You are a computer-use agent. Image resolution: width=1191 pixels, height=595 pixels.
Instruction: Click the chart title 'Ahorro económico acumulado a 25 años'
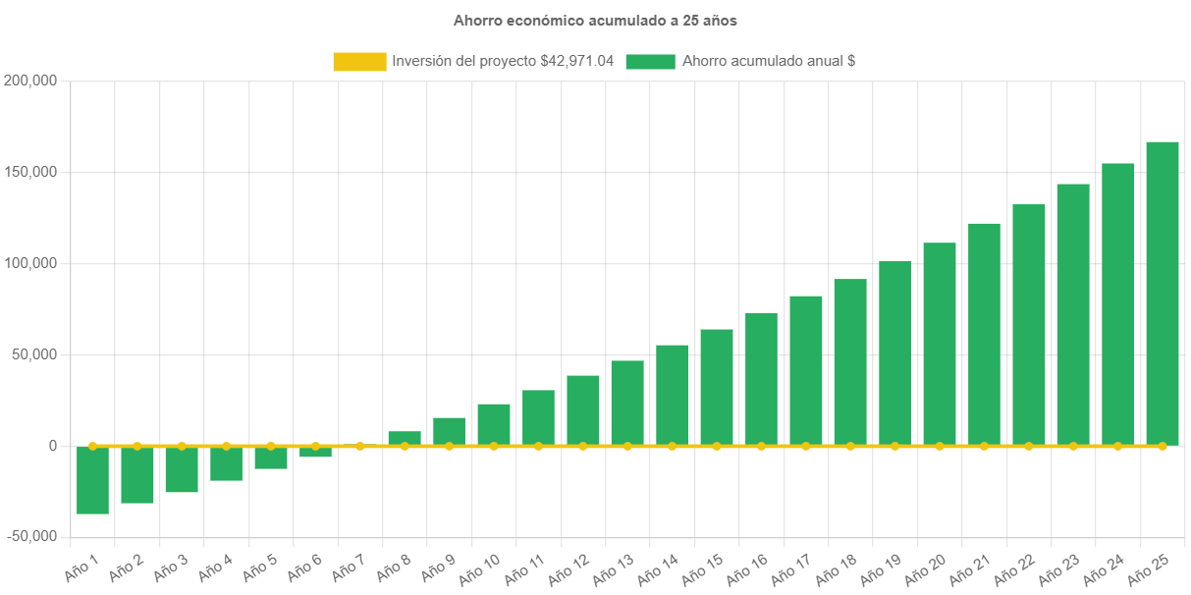pyautogui.click(x=595, y=20)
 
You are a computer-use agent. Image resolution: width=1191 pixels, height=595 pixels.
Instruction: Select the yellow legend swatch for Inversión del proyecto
pyautogui.click(x=359, y=61)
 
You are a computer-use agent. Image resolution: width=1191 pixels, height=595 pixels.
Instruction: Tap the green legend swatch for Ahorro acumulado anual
pyautogui.click(x=650, y=61)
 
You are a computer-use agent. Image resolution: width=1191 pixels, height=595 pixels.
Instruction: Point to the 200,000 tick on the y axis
pyautogui.click(x=31, y=81)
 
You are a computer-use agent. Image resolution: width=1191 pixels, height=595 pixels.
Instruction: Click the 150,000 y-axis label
pyautogui.click(x=31, y=172)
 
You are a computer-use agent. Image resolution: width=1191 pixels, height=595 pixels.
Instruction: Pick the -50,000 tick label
pyautogui.click(x=31, y=536)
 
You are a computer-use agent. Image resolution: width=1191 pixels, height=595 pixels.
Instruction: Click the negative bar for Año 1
pyautogui.click(x=92, y=480)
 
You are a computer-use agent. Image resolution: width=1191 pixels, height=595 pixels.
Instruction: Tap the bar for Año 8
pyautogui.click(x=405, y=437)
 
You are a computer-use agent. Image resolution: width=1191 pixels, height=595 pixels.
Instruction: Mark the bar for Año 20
pyautogui.click(x=940, y=343)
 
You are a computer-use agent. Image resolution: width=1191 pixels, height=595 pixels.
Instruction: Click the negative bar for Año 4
pyautogui.click(x=226, y=463)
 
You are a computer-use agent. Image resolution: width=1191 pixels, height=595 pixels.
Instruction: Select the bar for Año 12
pyautogui.click(x=583, y=409)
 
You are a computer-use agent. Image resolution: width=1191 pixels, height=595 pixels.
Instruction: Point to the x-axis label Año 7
pyautogui.click(x=349, y=568)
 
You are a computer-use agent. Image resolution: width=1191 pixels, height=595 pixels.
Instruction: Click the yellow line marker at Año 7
pyautogui.click(x=360, y=446)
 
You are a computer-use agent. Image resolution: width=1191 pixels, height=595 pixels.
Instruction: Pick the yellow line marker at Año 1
pyautogui.click(x=92, y=446)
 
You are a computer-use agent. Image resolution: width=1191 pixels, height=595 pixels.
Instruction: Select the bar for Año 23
pyautogui.click(x=1073, y=313)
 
